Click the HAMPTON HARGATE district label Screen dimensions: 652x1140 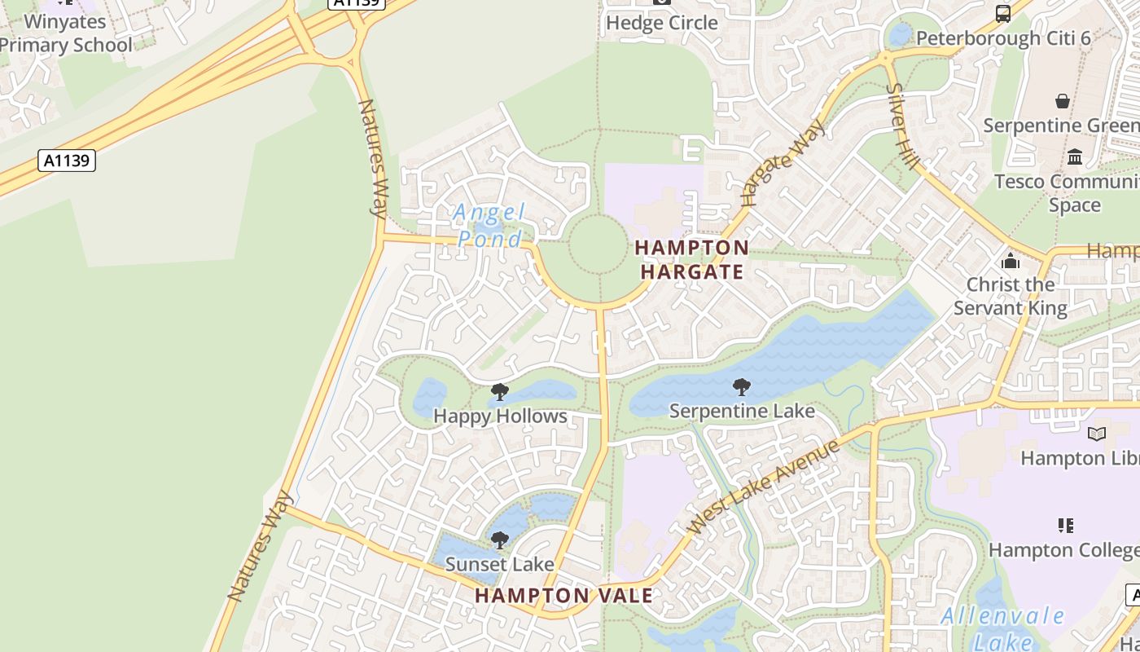(x=691, y=259)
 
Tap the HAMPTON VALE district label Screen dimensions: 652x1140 (x=563, y=596)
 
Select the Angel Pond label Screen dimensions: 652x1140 (x=489, y=226)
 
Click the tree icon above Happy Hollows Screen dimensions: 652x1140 (x=500, y=393)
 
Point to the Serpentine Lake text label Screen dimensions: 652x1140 (x=742, y=411)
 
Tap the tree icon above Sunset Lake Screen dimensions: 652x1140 (x=500, y=540)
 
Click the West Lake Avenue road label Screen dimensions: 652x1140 (x=764, y=487)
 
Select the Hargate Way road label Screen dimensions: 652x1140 (x=783, y=162)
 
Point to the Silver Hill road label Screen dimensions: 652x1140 (x=903, y=127)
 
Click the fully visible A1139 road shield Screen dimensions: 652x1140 (x=67, y=161)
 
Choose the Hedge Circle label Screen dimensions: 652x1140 (x=661, y=23)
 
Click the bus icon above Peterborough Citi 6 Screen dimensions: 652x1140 (x=1003, y=14)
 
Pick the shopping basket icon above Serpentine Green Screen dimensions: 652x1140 (x=1063, y=101)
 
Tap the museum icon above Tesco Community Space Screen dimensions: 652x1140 (x=1075, y=156)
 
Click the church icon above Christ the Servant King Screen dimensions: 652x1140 (x=1011, y=261)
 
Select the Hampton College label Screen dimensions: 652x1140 (x=1063, y=550)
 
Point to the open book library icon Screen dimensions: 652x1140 (x=1097, y=434)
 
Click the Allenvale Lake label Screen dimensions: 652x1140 (x=1002, y=628)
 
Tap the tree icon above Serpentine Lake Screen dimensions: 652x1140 (x=741, y=386)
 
